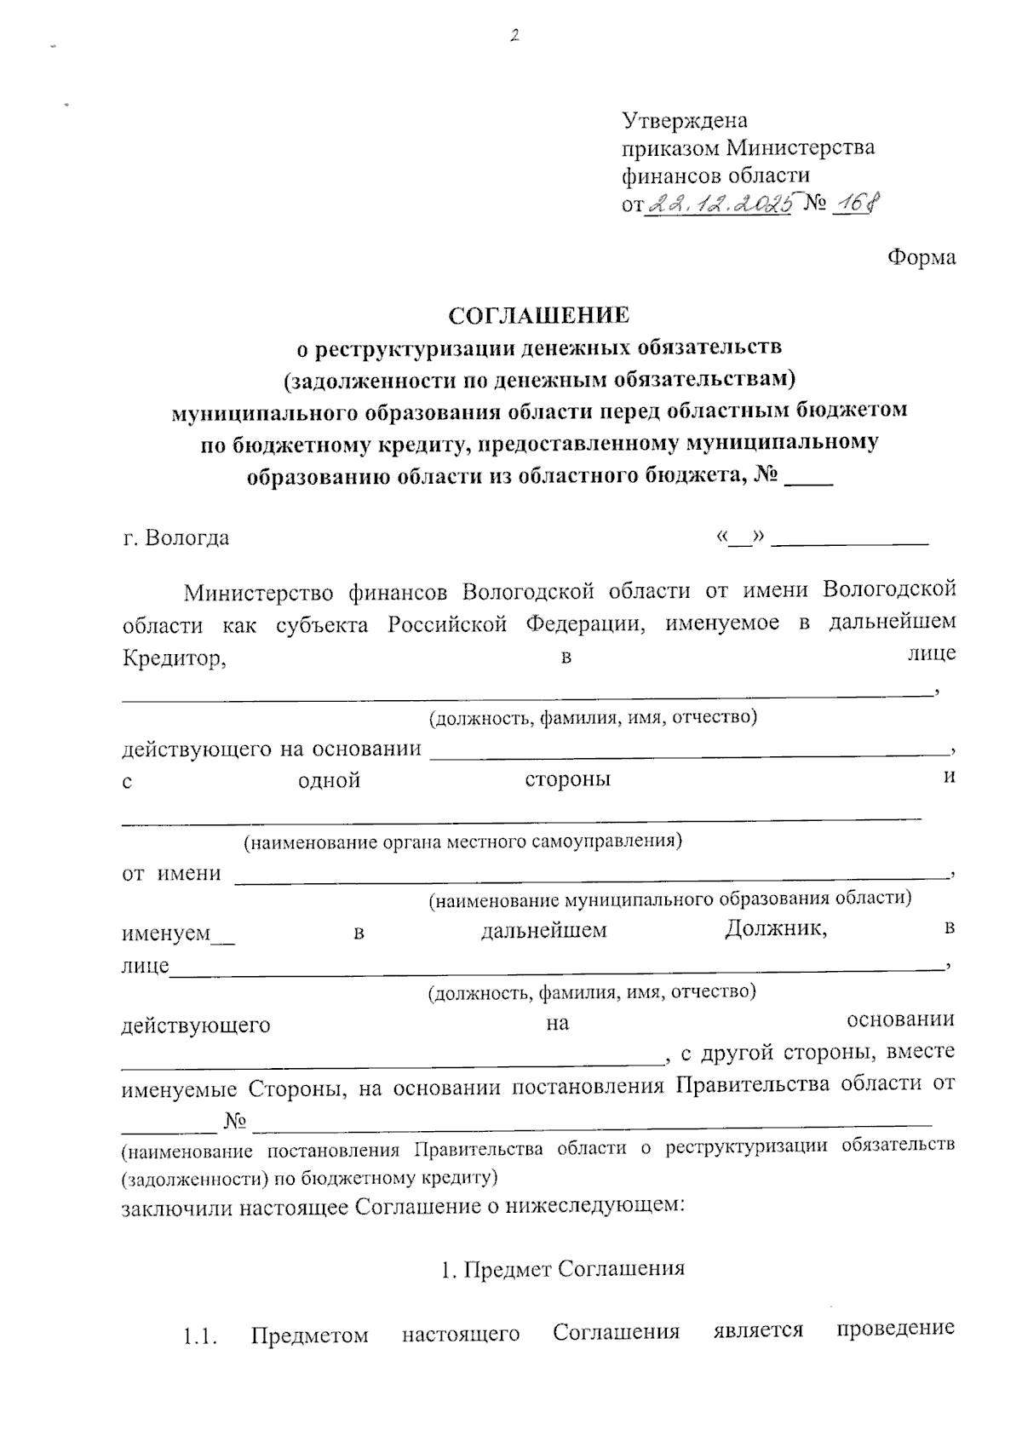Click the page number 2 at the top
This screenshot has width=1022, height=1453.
click(514, 36)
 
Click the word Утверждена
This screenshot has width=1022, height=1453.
click(685, 120)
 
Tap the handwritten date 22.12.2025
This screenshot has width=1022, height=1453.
click(720, 203)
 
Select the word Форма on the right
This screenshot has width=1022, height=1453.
click(922, 257)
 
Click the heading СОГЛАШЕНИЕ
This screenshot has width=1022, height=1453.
click(539, 316)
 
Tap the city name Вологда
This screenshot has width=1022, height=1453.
click(187, 538)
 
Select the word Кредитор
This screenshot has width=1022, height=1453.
click(174, 658)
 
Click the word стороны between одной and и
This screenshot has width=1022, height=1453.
click(567, 780)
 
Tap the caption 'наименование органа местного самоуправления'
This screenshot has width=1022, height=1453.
click(462, 842)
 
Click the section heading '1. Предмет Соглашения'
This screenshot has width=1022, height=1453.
click(562, 1269)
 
